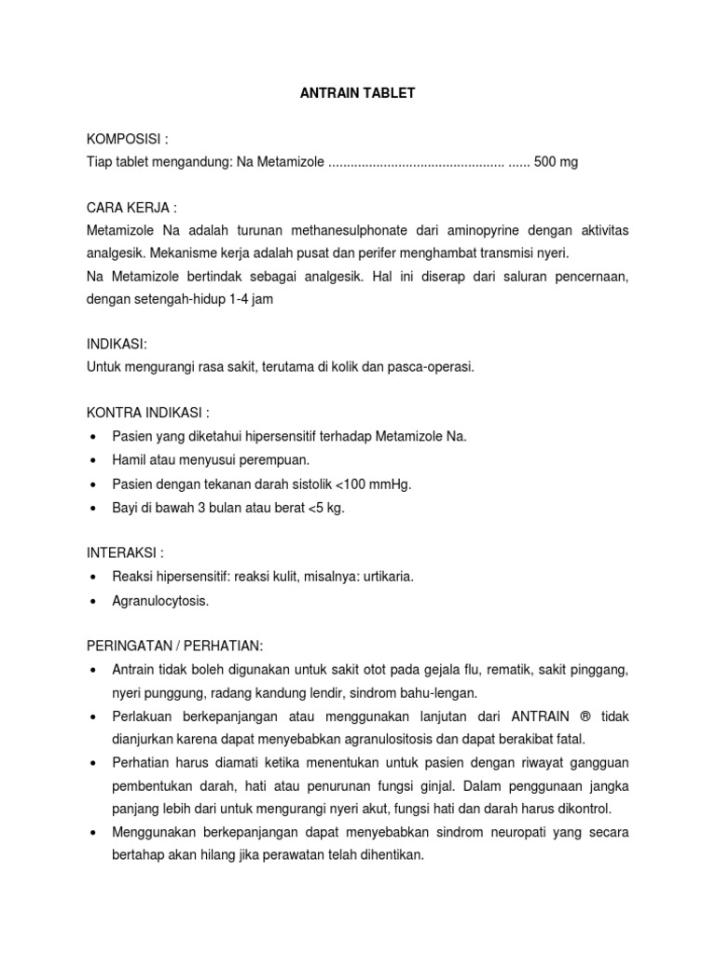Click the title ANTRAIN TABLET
(x=357, y=94)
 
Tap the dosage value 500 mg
(x=556, y=162)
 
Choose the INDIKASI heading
(x=117, y=344)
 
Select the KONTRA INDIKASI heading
(x=148, y=412)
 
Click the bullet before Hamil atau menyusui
(x=94, y=461)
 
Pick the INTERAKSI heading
(x=125, y=552)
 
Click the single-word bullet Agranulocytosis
(x=160, y=601)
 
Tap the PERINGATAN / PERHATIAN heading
(x=175, y=646)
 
